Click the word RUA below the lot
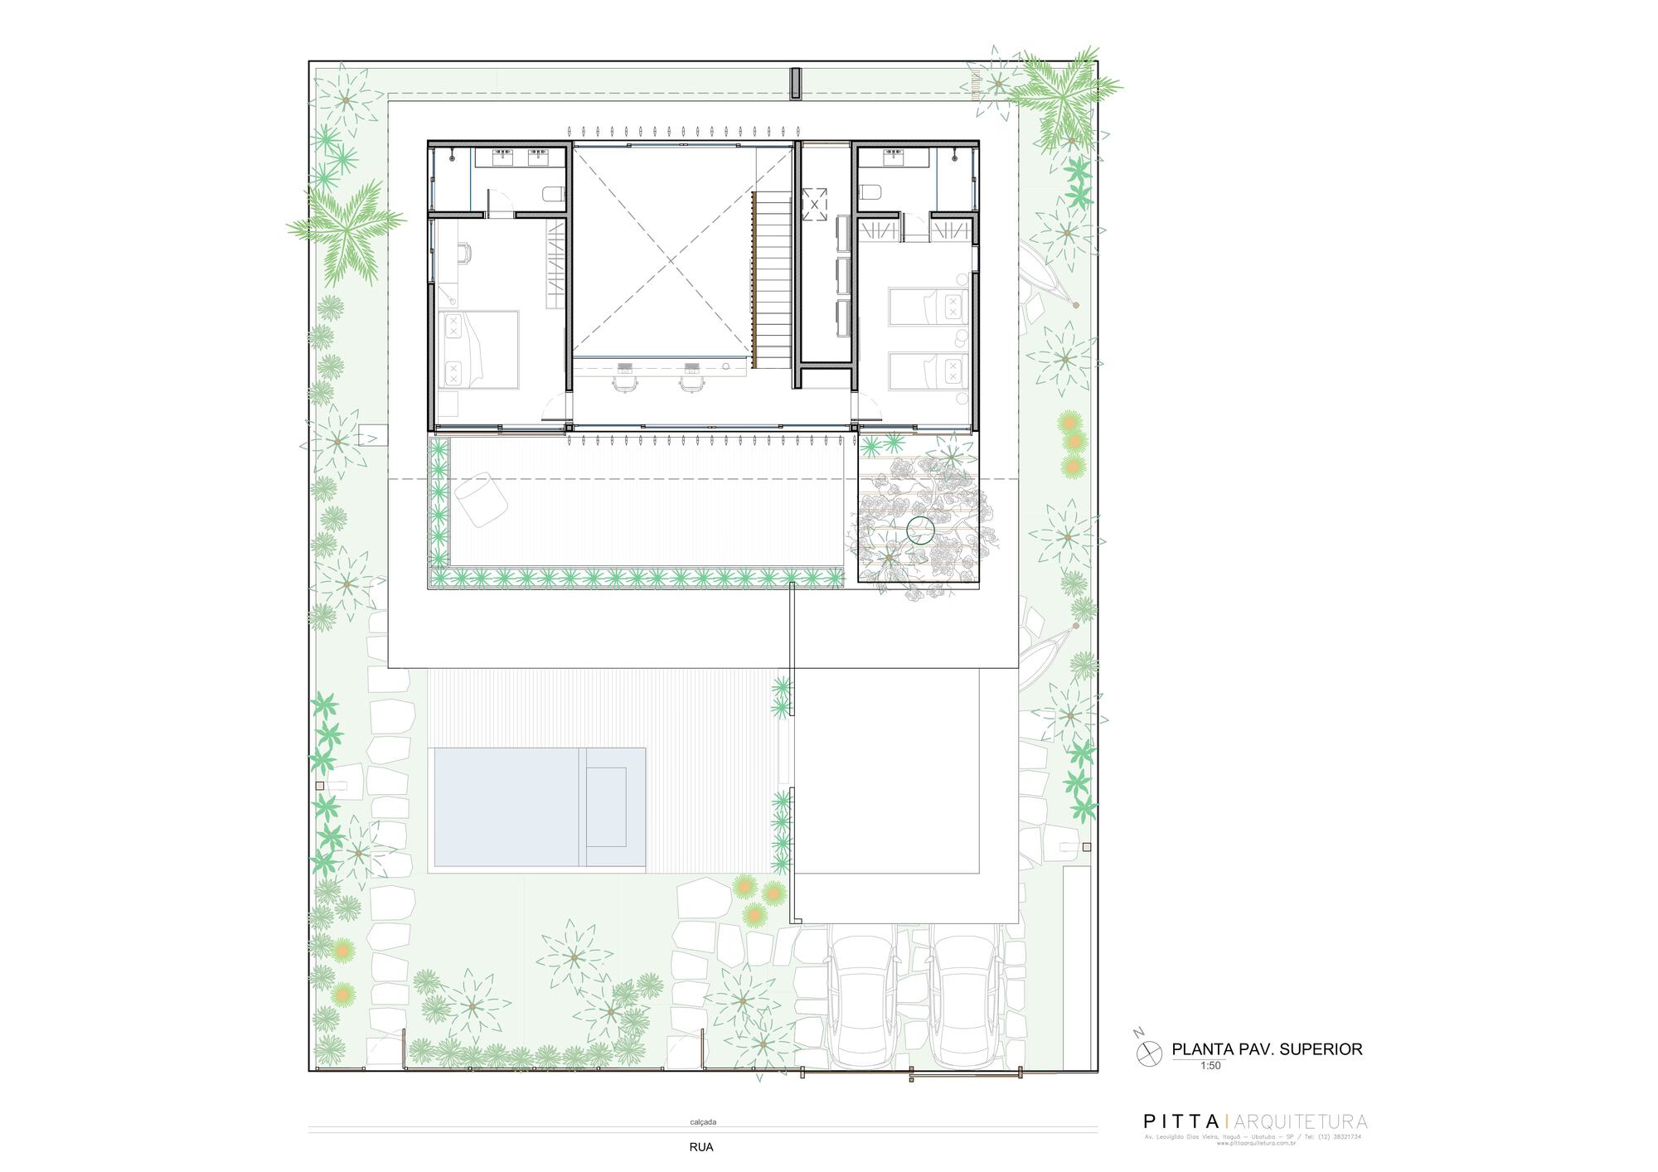click(701, 1148)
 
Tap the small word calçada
click(703, 1122)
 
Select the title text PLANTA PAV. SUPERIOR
click(1267, 1049)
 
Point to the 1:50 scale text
click(1210, 1066)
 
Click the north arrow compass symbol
click(1147, 1051)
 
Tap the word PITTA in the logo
click(1180, 1122)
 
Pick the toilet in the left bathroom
click(553, 195)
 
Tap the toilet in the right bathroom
click(869, 193)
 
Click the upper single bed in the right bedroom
click(928, 305)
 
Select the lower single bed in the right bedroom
click(928, 370)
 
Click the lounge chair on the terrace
click(481, 499)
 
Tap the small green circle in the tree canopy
click(920, 530)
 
